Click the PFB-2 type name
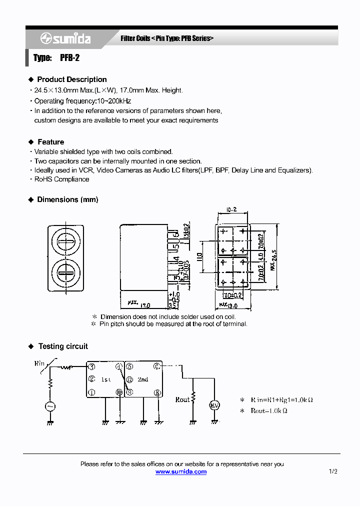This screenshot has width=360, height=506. pyautogui.click(x=69, y=58)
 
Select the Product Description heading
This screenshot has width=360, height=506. pyautogui.click(x=71, y=79)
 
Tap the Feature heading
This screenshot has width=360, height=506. pyautogui.click(x=50, y=142)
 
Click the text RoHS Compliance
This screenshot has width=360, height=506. pyautogui.click(x=61, y=179)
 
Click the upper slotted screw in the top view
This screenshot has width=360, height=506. pyautogui.click(x=66, y=242)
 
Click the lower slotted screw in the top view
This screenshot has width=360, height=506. pyautogui.click(x=66, y=274)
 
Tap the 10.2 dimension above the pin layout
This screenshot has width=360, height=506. pyautogui.click(x=231, y=210)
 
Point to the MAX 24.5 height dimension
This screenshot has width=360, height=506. pyautogui.click(x=273, y=259)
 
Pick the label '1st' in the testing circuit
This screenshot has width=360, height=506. pyautogui.click(x=106, y=380)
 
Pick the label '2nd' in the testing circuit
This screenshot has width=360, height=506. pyautogui.click(x=143, y=380)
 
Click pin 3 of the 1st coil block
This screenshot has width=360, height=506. pyautogui.click(x=91, y=367)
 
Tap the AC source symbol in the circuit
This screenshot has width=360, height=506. pyautogui.click(x=50, y=406)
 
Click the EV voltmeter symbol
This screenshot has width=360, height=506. pyautogui.click(x=214, y=404)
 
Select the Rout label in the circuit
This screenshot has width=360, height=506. pyautogui.click(x=182, y=399)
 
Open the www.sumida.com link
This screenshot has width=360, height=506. pyautogui.click(x=180, y=471)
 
